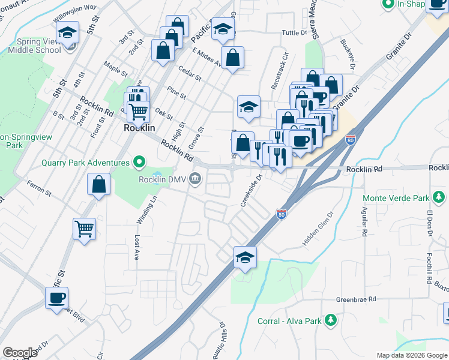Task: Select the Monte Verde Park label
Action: pos(396,197)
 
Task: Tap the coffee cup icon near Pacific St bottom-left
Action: pos(57,298)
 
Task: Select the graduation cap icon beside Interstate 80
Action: pos(245,257)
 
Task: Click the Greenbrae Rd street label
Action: pos(356,299)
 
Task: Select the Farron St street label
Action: pos(39,188)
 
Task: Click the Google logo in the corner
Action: pos(20,353)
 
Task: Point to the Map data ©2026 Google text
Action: pos(412,355)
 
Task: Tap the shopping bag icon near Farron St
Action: pos(98,185)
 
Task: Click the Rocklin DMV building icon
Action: pos(195,179)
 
